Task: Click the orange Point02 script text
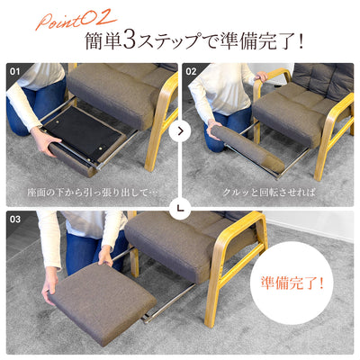[x=76, y=20]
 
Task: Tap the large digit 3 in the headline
[x=130, y=40]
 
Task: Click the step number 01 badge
[x=14, y=71]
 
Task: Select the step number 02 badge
[x=191, y=71]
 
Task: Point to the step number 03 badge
[x=15, y=220]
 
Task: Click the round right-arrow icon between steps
[x=180, y=131]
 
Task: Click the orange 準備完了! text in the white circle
[x=292, y=283]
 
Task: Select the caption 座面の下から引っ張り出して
[x=88, y=193]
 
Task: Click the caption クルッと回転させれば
[x=269, y=193]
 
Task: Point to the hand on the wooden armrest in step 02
[x=262, y=76]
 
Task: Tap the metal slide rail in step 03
[x=169, y=303]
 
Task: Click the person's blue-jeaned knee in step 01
[x=18, y=123]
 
